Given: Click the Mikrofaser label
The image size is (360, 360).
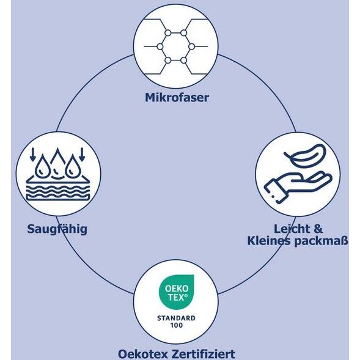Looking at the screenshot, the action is [x=177, y=98].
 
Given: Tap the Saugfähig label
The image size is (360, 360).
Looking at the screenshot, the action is [x=57, y=229].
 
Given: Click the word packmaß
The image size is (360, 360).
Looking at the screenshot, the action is [x=321, y=241].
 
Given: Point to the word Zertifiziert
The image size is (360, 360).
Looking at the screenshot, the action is [x=203, y=354].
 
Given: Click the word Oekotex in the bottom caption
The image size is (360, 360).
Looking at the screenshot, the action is [x=144, y=354].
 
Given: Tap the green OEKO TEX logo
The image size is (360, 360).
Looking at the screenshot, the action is [x=176, y=292].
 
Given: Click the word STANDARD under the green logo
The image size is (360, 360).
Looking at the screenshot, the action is [x=176, y=318].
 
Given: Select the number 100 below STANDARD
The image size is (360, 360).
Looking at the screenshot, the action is [x=177, y=325].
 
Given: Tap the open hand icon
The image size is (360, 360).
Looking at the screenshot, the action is [x=298, y=186].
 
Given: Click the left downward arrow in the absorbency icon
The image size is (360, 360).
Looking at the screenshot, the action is [x=33, y=154].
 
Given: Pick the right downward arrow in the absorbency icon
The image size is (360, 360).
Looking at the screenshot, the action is [x=82, y=154].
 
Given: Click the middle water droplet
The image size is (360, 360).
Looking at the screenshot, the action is [x=57, y=163].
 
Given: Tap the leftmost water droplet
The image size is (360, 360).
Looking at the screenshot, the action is [x=42, y=166].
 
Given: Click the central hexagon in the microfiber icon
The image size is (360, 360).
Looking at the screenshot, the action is [x=175, y=46].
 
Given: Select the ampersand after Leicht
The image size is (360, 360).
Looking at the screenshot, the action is [x=318, y=229].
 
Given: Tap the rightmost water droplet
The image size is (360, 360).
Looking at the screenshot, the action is [x=72, y=166].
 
